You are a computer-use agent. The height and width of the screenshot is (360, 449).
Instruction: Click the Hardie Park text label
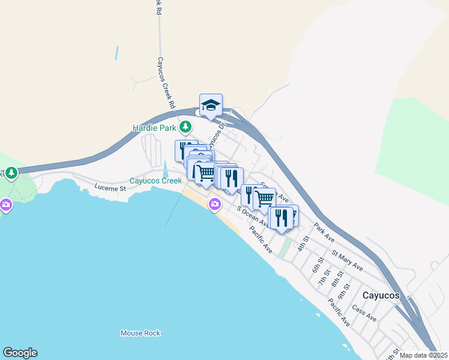pos(155,128)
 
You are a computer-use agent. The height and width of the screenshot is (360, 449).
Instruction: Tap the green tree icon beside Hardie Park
pos(186,127)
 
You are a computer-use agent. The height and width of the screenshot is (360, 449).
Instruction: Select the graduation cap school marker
pos(211,105)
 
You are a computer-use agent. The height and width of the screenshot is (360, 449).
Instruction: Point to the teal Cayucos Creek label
pos(155,181)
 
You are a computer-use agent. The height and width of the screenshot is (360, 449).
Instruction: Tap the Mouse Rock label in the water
pos(140,333)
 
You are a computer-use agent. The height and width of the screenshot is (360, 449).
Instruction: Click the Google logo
pos(20,353)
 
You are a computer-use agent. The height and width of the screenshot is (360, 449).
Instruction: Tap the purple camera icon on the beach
pos(214,205)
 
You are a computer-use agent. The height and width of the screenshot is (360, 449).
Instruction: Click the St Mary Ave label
pos(347,261)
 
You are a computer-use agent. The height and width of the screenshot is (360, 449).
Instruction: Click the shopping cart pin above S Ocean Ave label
pos(264,198)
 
